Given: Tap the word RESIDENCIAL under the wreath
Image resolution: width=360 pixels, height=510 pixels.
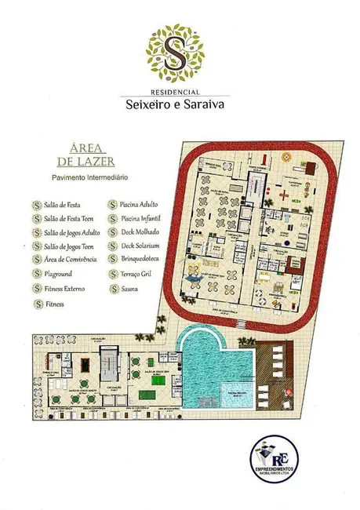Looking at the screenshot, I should point(180,92).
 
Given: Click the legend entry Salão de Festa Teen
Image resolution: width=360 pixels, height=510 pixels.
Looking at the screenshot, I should point(70,219).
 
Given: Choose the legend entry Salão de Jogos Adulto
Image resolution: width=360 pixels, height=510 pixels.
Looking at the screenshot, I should point(72,233).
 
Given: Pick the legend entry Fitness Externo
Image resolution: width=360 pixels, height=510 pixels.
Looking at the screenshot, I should point(64,289).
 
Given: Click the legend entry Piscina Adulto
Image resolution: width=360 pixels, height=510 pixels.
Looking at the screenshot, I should point(144,205).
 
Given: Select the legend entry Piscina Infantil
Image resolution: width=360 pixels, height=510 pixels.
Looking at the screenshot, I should point(144,219).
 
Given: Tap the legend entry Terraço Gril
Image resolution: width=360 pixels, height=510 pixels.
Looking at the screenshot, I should point(141,275).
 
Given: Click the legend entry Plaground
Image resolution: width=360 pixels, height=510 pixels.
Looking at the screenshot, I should point(60,275).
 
